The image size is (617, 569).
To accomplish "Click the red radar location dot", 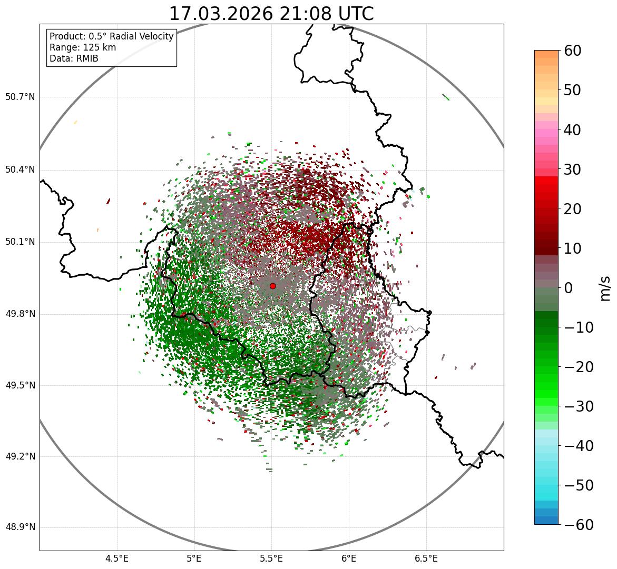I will [x=272, y=286].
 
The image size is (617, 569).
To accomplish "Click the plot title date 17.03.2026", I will [x=221, y=14].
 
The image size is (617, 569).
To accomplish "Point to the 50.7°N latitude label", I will [x=20, y=97].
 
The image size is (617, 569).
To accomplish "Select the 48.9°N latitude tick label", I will [x=20, y=527].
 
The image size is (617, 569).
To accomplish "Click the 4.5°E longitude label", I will [x=117, y=558].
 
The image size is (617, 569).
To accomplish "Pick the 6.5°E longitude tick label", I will [x=426, y=558].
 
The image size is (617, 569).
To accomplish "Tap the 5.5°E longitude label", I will [x=271, y=558].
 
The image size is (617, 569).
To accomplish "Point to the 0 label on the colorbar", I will [x=569, y=288].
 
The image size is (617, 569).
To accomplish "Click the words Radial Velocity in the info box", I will [x=141, y=36].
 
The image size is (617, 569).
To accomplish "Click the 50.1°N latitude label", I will [x=20, y=242].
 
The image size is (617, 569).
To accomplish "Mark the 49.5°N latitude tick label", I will [x=20, y=385].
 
